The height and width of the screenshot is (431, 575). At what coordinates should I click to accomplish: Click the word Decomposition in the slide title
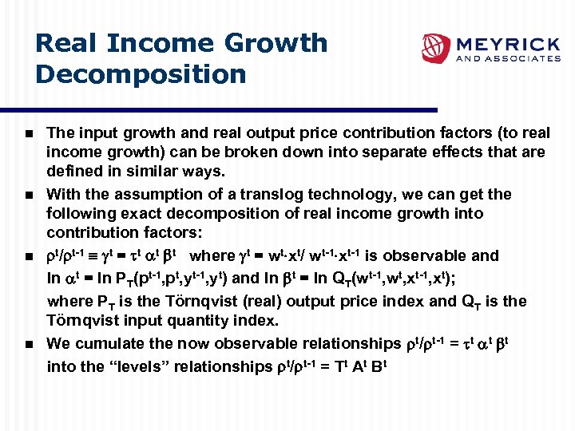click(x=141, y=74)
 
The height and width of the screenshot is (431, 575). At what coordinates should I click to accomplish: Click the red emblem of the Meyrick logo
click(x=436, y=48)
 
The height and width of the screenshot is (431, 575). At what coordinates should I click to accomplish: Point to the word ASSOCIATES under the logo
click(x=525, y=58)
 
